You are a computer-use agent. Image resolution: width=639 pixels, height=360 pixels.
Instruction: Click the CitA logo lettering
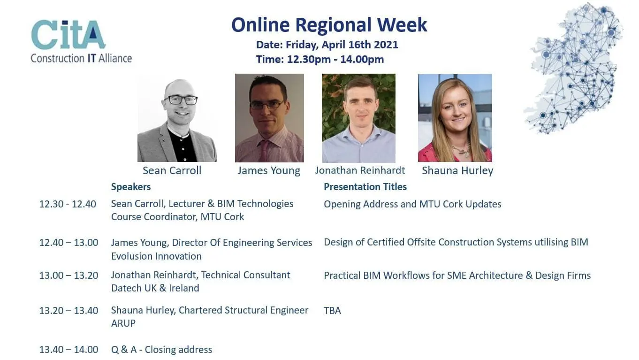click(x=68, y=34)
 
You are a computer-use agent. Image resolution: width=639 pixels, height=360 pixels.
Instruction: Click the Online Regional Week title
click(x=329, y=25)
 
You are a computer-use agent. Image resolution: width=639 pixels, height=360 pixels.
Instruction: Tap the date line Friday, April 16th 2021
click(x=327, y=45)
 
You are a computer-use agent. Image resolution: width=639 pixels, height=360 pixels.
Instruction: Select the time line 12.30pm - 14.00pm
click(x=320, y=60)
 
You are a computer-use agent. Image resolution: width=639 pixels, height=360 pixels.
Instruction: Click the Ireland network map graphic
click(x=573, y=69)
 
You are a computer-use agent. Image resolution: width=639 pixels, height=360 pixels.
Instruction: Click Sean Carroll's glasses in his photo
click(x=180, y=100)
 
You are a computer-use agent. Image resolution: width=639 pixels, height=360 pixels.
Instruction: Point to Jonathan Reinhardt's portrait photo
click(x=358, y=118)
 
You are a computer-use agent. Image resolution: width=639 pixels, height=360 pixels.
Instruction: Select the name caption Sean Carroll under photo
click(x=172, y=170)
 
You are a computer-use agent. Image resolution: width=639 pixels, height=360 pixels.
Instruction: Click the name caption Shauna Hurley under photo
click(x=457, y=170)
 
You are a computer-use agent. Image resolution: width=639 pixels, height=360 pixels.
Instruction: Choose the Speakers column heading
click(x=130, y=187)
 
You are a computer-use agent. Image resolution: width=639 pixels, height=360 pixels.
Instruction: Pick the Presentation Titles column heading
click(x=365, y=187)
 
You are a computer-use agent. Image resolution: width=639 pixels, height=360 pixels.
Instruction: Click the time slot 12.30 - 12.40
click(x=68, y=204)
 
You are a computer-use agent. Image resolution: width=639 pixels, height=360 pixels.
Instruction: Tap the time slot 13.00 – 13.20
click(x=68, y=276)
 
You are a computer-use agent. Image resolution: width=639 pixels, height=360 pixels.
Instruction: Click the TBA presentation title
click(x=332, y=311)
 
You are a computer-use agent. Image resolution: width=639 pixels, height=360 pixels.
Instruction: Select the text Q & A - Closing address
click(x=161, y=350)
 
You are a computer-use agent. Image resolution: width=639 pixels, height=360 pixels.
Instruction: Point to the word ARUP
click(x=123, y=323)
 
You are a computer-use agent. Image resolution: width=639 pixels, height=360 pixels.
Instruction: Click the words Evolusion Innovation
click(x=156, y=256)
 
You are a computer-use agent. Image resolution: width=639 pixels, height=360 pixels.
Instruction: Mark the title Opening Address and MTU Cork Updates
click(x=412, y=204)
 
